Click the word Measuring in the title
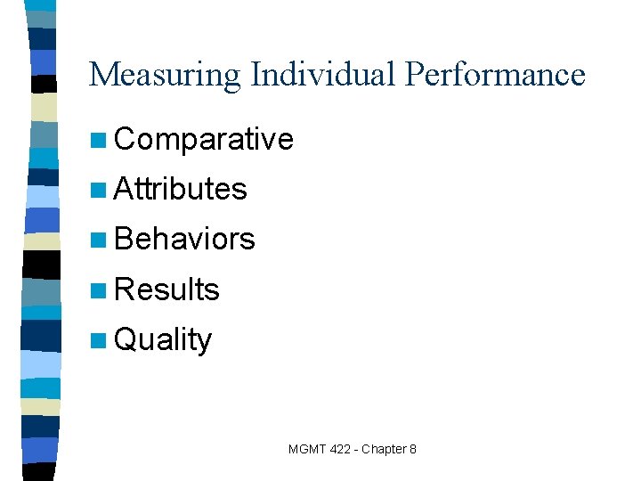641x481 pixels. [x=165, y=75]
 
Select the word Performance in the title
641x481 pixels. [x=495, y=75]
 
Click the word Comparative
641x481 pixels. [x=204, y=139]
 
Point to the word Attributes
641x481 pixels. [x=181, y=189]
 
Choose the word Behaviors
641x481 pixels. [x=184, y=239]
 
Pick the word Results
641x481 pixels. [x=166, y=289]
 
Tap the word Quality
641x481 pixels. [x=163, y=339]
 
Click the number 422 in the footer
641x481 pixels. [x=340, y=449]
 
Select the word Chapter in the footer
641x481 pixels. [x=383, y=449]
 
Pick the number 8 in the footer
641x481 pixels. [x=412, y=449]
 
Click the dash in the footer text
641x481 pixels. [x=355, y=450]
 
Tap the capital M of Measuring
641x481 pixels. [x=102, y=75]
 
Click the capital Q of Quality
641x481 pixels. [x=125, y=339]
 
